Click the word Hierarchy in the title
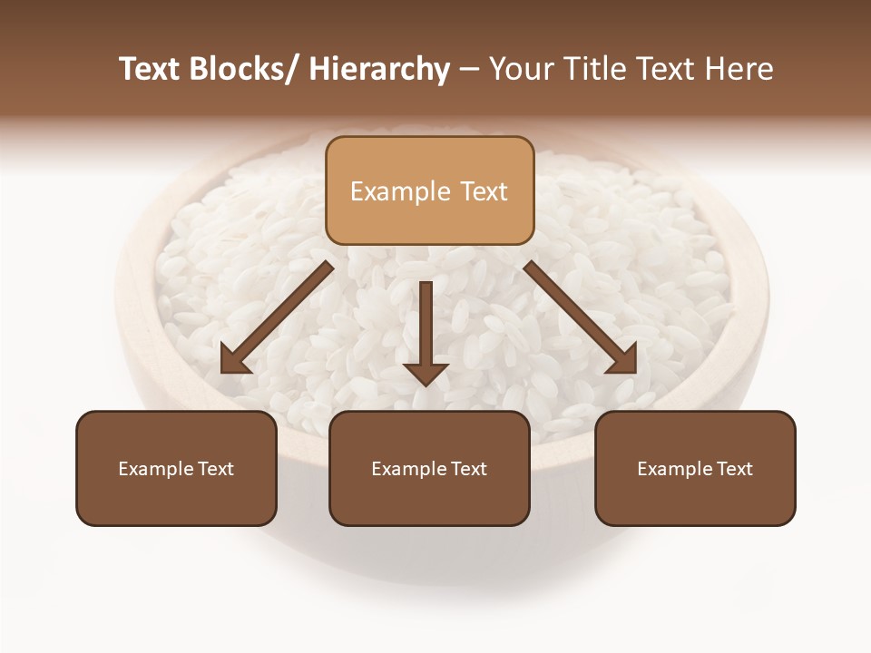[379, 69]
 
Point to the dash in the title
[469, 71]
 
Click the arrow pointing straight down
[426, 326]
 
